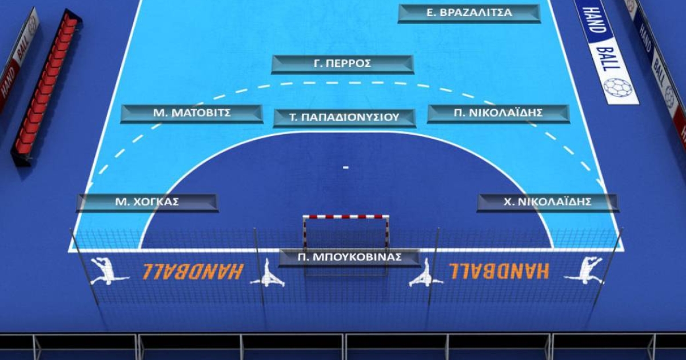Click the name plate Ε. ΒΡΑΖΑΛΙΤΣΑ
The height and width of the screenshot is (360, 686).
(x=469, y=13)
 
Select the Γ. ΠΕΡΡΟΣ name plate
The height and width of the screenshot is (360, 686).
(x=342, y=64)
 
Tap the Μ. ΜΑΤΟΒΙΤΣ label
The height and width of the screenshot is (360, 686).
(x=192, y=114)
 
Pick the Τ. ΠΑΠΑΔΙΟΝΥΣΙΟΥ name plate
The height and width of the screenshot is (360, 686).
(x=344, y=118)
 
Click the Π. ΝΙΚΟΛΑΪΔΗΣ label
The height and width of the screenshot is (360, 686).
(x=498, y=114)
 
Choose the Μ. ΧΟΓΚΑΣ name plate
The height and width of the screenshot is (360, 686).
(x=147, y=202)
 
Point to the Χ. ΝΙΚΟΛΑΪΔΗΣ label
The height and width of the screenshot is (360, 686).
(x=548, y=202)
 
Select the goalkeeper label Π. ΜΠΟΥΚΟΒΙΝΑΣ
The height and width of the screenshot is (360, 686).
(x=349, y=258)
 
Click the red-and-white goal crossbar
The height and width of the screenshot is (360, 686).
(x=346, y=217)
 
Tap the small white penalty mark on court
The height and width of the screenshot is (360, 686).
(x=345, y=167)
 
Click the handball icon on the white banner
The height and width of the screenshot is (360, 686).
(x=617, y=87)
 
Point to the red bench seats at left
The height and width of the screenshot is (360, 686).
(x=46, y=86)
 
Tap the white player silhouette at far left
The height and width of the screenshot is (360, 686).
(x=107, y=271)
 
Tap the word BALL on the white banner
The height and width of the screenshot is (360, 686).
(x=608, y=57)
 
